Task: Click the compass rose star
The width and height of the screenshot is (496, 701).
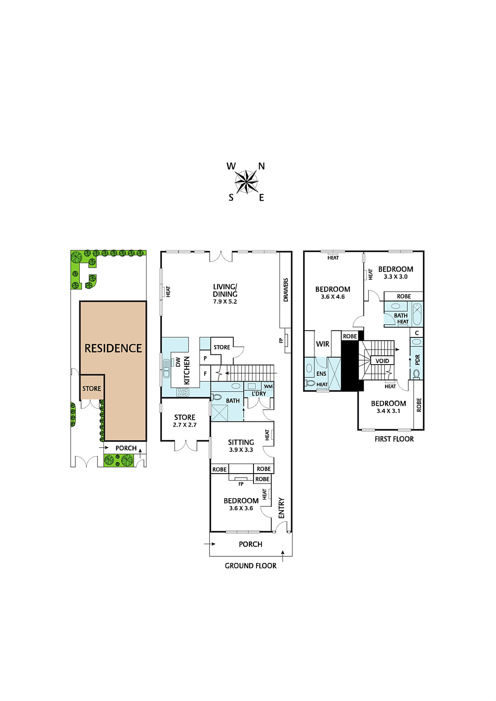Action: (x=246, y=181)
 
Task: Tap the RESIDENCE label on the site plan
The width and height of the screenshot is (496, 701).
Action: (x=113, y=348)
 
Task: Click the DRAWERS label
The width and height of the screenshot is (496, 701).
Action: (x=285, y=290)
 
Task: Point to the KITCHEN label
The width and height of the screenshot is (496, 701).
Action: (x=186, y=370)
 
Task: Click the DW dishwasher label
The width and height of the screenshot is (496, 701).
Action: (x=178, y=362)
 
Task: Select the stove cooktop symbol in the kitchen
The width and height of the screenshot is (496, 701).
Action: (x=183, y=392)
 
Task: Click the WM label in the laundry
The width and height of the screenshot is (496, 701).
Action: (x=268, y=386)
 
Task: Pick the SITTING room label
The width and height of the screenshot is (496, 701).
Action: (x=241, y=442)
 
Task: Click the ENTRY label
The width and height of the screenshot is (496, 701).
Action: (x=281, y=508)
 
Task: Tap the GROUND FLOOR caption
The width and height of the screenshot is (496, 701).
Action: (x=251, y=566)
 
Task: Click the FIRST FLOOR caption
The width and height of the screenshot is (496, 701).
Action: (x=394, y=439)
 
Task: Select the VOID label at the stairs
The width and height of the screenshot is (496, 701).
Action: (x=382, y=361)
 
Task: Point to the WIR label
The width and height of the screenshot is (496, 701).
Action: (x=322, y=344)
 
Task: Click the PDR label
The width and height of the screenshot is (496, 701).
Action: (x=417, y=360)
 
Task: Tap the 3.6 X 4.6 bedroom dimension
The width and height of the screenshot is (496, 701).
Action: (x=333, y=297)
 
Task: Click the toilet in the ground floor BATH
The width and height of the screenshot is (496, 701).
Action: (x=217, y=397)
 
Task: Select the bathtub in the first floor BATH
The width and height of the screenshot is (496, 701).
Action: (x=417, y=314)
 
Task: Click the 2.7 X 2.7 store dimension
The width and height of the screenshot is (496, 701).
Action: (x=185, y=425)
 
